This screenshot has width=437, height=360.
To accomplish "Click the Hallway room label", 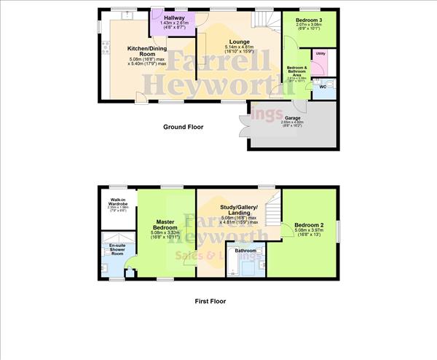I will (x=174, y=17).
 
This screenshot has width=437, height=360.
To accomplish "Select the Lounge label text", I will (x=239, y=42).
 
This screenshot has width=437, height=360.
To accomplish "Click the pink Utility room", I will (x=320, y=55).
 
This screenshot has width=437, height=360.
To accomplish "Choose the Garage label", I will (x=292, y=117).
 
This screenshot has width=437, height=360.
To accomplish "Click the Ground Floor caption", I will (x=183, y=128).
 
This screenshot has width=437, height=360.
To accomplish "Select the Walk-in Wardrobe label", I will (x=120, y=202).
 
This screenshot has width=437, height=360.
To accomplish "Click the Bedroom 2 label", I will (x=310, y=224).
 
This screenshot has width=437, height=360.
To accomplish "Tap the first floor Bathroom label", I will (x=245, y=251).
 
